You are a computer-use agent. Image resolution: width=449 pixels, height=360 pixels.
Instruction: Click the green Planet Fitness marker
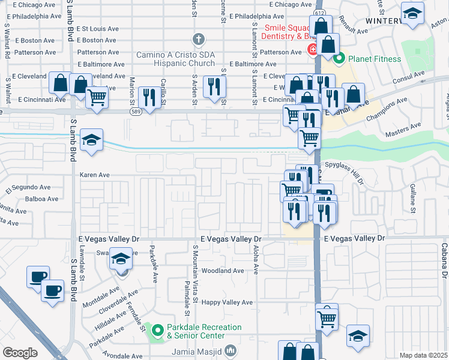339,59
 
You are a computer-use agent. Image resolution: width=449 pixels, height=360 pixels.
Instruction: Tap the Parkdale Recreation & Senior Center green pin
158,331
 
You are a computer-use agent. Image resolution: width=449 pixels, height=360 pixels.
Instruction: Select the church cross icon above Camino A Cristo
199,40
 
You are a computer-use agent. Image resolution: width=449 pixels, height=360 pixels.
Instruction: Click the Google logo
20,353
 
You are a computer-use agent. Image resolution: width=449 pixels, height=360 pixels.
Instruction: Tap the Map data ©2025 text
423,355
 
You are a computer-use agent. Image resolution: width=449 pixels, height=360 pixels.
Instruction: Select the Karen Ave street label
95,175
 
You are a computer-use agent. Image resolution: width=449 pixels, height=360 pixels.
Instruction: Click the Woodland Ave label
224,271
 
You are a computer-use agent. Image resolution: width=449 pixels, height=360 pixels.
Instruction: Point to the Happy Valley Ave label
228,302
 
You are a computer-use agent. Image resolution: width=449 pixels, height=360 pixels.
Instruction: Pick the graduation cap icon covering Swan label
121,259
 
